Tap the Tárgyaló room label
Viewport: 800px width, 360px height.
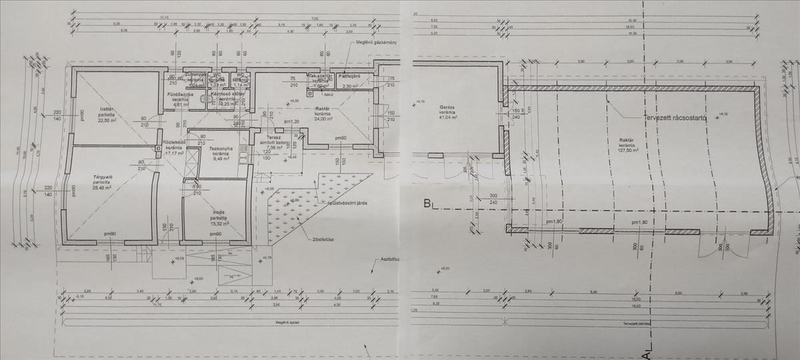(x=103, y=177)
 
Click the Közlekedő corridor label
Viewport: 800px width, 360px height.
(x=173, y=143)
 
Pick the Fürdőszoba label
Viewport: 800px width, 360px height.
(x=180, y=95)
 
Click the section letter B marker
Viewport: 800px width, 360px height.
(x=427, y=205)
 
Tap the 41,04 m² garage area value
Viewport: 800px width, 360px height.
(x=446, y=118)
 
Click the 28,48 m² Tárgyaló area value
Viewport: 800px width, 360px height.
(x=103, y=188)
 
